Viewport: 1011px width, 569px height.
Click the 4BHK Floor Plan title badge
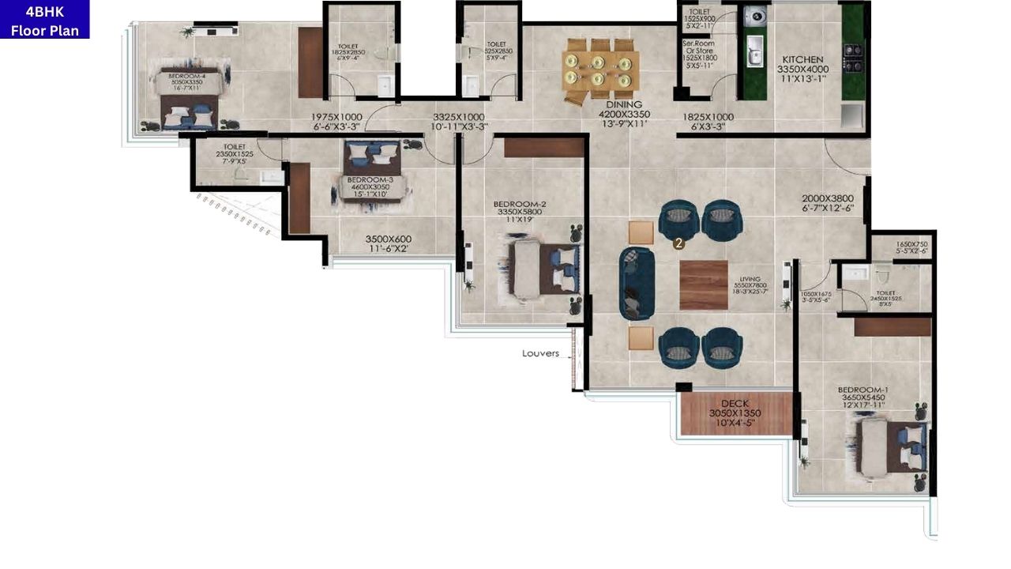click(44, 20)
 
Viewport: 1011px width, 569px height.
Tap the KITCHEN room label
click(802, 59)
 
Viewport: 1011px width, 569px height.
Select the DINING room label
click(623, 104)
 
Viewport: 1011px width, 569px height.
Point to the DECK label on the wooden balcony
click(735, 403)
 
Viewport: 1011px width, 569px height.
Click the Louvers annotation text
click(540, 353)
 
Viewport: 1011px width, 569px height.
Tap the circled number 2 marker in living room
click(678, 244)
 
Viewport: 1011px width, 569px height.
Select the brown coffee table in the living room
click(703, 284)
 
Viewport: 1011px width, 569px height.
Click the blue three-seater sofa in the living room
click(637, 283)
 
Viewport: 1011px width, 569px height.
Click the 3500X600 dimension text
click(388, 239)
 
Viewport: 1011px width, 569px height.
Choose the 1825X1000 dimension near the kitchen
click(708, 117)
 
